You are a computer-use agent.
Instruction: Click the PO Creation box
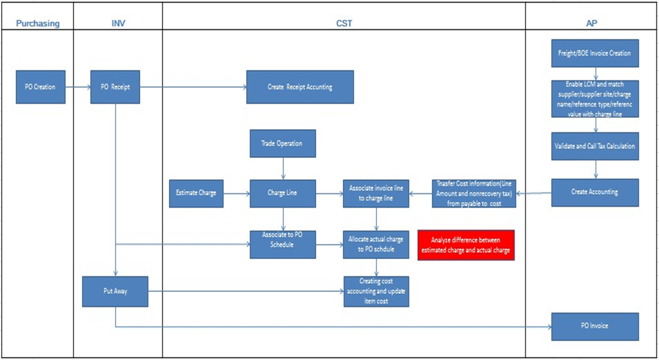point(40,87)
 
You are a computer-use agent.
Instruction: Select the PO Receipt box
point(115,87)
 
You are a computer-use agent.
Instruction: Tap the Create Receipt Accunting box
point(300,87)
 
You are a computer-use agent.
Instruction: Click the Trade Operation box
point(282,143)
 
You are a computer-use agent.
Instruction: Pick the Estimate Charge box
point(196,193)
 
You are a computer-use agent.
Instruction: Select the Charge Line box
point(282,193)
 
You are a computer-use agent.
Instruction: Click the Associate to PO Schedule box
point(282,244)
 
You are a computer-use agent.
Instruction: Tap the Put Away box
point(115,291)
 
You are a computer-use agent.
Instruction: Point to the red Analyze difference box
point(466,245)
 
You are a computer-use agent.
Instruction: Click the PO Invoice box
point(595,326)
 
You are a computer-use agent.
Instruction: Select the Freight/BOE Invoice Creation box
point(595,53)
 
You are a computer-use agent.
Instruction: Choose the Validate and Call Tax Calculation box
point(595,146)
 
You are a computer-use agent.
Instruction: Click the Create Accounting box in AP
point(595,192)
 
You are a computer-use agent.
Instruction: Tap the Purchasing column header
point(38,24)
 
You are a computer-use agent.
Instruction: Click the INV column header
point(118,24)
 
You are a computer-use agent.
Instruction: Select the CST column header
point(344,24)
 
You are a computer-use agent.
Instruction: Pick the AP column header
point(591,24)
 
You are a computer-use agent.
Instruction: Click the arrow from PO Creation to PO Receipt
point(78,87)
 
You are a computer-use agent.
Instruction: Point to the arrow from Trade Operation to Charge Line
point(283,168)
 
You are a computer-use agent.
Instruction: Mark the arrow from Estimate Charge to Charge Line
point(236,193)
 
